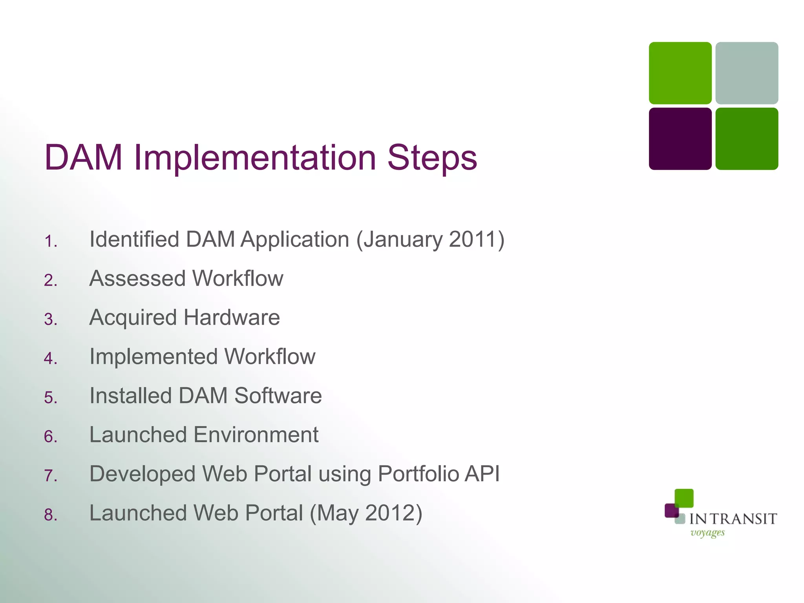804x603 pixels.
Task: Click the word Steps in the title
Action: [432, 158]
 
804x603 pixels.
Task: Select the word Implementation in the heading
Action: [255, 158]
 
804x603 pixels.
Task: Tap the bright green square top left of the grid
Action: [680, 73]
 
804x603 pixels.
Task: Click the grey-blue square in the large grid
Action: [747, 73]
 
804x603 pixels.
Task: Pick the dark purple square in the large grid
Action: [680, 139]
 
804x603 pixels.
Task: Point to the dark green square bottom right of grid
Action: [747, 139]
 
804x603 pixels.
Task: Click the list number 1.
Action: [50, 241]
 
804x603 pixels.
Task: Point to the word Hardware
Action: [232, 318]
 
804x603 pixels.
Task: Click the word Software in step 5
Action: [278, 396]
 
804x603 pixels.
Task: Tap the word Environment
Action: [256, 435]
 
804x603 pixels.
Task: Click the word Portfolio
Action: [418, 474]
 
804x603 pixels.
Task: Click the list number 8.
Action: [50, 515]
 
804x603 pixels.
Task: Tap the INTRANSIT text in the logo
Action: [733, 519]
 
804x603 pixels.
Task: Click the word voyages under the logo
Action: [707, 533]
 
